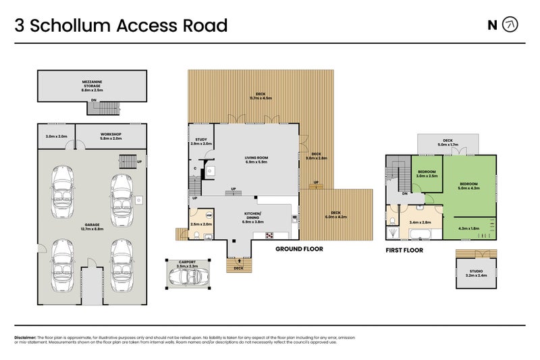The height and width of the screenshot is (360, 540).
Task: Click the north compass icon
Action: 511,26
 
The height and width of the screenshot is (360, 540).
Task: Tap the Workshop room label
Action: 111,136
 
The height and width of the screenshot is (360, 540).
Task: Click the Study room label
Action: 200,142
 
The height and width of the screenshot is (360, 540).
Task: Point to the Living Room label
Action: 256,159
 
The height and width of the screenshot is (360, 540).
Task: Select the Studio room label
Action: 477,273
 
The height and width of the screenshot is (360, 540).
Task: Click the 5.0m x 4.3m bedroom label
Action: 468,186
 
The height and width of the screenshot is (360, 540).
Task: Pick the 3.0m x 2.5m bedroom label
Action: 427,174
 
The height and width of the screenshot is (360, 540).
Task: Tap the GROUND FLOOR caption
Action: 299,249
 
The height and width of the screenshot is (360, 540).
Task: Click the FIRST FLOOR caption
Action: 404,250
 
